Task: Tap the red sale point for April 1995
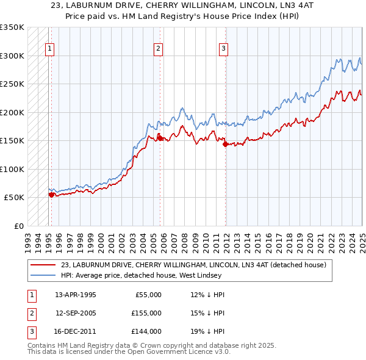51,195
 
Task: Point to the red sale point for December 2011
225,145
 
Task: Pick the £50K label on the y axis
13,198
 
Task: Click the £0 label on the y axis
18,226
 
